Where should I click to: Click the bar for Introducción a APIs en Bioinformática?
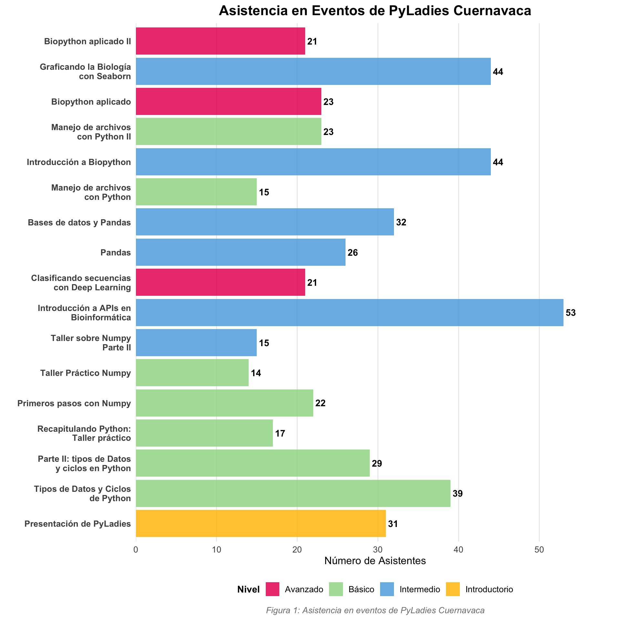pos(349,313)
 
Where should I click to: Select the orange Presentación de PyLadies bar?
pos(261,523)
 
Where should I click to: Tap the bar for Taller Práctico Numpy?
pos(192,373)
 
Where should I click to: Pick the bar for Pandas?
pos(241,252)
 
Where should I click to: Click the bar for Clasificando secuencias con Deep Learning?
pos(220,283)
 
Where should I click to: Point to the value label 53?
pos(571,313)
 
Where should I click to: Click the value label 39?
pos(458,493)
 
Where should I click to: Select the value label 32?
pos(401,222)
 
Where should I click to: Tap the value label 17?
pos(280,433)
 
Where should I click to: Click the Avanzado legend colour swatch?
pos(273,589)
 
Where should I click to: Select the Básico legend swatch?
pos(336,589)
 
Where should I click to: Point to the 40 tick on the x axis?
pos(458,550)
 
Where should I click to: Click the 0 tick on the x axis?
pos(136,550)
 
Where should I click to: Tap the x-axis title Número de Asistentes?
pos(375,561)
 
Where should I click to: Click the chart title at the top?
pos(375,11)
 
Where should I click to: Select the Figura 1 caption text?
pos(375,610)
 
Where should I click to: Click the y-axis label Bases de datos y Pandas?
pos(79,222)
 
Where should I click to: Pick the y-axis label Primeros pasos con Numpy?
pos(74,403)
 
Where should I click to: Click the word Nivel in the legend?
pos(248,590)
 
